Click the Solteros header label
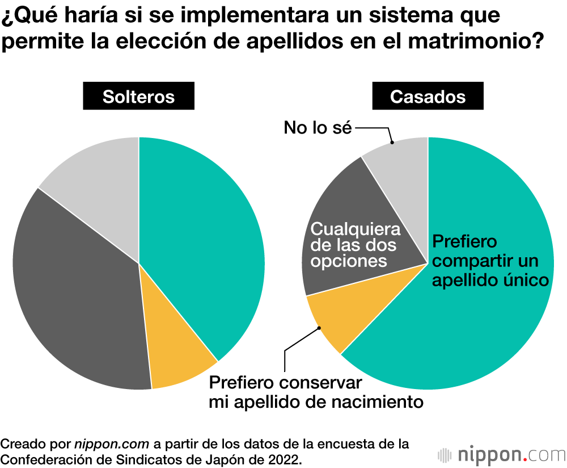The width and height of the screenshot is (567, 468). point(138,97)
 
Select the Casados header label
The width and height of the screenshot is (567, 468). point(428,97)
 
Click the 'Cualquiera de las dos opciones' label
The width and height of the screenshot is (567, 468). point(356,245)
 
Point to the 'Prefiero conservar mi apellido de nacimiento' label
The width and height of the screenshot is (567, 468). point(316,392)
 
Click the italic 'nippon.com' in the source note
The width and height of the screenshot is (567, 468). point(112,444)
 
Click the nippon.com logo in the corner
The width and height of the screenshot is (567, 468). point(502,455)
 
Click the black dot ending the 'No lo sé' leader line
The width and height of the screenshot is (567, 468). point(392,143)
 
